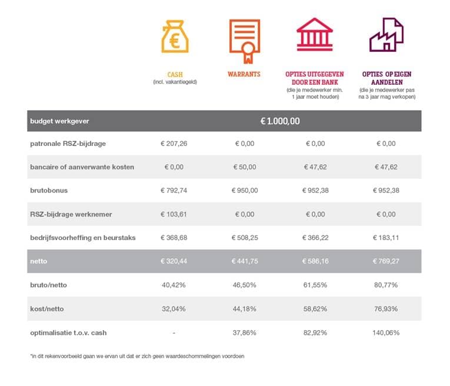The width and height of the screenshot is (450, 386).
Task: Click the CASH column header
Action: click(175, 75)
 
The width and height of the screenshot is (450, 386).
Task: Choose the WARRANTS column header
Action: click(244, 75)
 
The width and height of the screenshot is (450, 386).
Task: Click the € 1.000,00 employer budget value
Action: click(280, 121)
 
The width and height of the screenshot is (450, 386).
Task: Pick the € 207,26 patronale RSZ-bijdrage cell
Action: click(174, 144)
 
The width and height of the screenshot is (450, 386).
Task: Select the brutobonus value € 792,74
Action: click(174, 191)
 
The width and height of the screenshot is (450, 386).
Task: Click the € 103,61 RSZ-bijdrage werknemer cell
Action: click(174, 214)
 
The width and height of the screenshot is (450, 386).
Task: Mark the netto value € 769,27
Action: click(386, 261)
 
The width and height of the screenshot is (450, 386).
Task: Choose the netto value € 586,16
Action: click(315, 261)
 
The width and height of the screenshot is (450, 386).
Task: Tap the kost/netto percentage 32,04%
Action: click(174, 309)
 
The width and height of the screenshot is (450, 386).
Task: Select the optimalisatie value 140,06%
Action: click(386, 332)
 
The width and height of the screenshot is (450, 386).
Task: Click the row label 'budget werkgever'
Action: click(59, 121)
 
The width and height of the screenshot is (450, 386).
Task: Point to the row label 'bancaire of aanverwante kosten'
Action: click(82, 167)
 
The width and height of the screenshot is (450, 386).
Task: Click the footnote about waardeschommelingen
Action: click(136, 356)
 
